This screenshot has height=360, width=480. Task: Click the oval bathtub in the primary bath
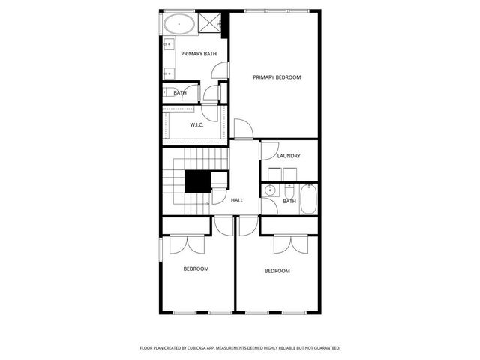coord(180,24)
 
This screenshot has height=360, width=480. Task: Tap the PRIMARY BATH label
coord(193,54)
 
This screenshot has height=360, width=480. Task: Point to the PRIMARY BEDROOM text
coord(276,76)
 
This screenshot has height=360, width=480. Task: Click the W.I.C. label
coord(196,124)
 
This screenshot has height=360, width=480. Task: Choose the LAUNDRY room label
coord(289,156)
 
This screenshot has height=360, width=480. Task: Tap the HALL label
coord(237,200)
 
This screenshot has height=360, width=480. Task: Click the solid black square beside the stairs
coord(197,182)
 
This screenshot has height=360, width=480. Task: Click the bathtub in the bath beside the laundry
coord(309,199)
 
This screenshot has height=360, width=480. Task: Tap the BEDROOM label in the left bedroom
coord(196,268)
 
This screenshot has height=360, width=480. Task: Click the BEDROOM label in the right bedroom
coord(277,271)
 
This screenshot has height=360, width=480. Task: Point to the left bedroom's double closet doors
coord(185,244)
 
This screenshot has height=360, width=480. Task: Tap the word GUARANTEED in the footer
coord(323,348)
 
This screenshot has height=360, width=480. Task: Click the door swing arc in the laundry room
coord(267,150)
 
